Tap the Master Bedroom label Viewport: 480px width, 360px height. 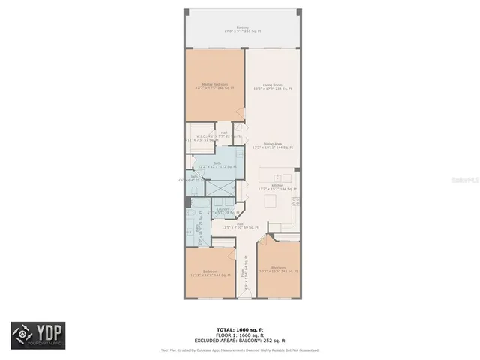coord(215,86)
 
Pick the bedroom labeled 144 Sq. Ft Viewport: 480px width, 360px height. coord(211,273)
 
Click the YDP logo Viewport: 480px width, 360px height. coord(37,335)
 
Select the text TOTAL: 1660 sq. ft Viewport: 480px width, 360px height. coord(240,329)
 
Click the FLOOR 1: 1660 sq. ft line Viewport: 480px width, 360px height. coord(240,334)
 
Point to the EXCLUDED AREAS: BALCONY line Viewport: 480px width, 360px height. coord(240,340)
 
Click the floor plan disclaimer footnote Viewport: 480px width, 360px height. coord(240,349)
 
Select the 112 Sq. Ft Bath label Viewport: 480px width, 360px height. coord(217,166)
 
